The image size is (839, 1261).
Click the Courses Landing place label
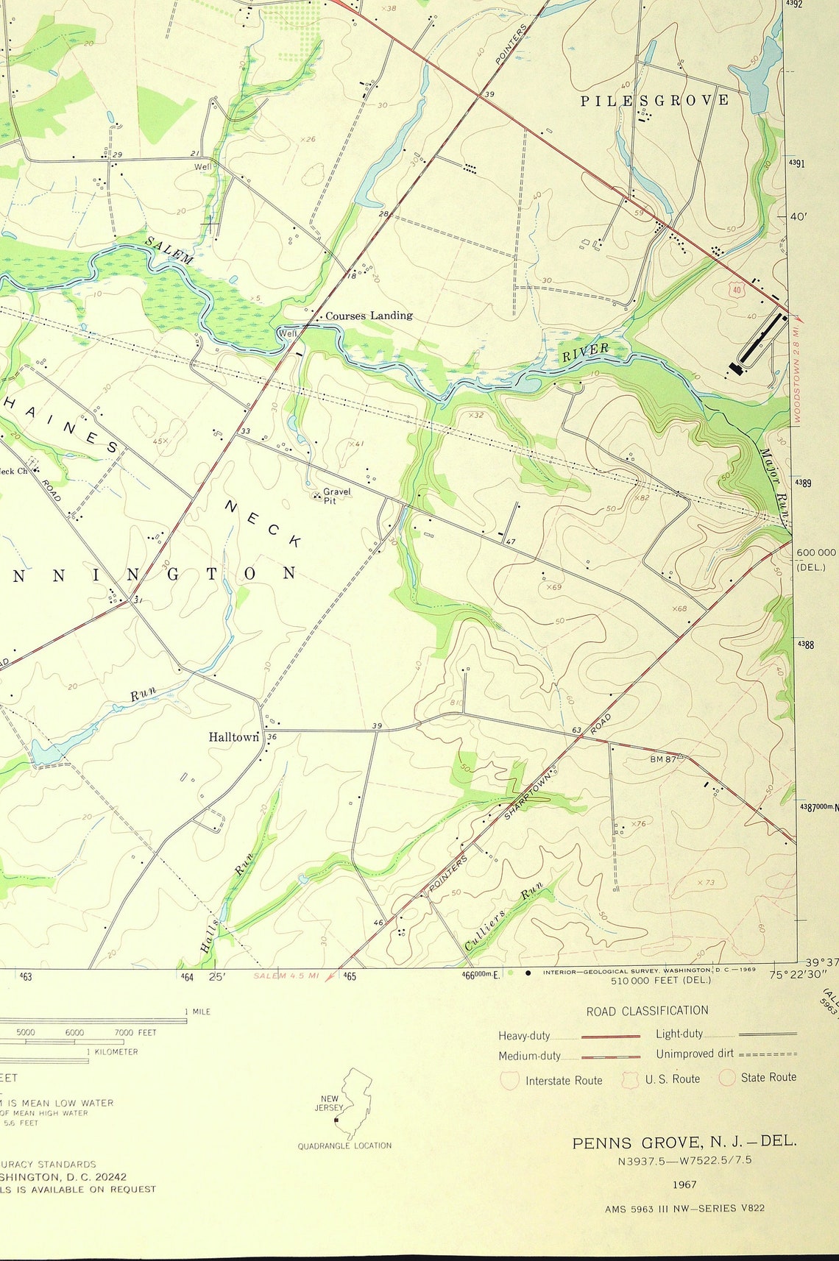point(369,316)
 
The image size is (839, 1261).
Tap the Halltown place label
point(233,736)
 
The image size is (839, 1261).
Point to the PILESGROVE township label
point(654,100)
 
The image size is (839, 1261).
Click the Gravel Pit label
point(336,496)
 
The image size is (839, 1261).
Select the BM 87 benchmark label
point(662,759)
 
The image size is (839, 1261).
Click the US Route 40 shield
point(737,290)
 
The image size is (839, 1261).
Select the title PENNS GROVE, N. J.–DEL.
point(684,1142)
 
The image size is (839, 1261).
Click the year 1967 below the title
point(684,1184)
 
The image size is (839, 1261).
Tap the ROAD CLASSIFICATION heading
point(647,1011)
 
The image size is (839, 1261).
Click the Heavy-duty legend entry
point(524,1036)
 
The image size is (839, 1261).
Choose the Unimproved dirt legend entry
point(694,1054)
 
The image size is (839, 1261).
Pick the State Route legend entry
point(768,1077)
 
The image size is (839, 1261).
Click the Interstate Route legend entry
point(563,1080)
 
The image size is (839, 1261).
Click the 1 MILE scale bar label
point(197,1012)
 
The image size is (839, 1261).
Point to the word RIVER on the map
point(585,353)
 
